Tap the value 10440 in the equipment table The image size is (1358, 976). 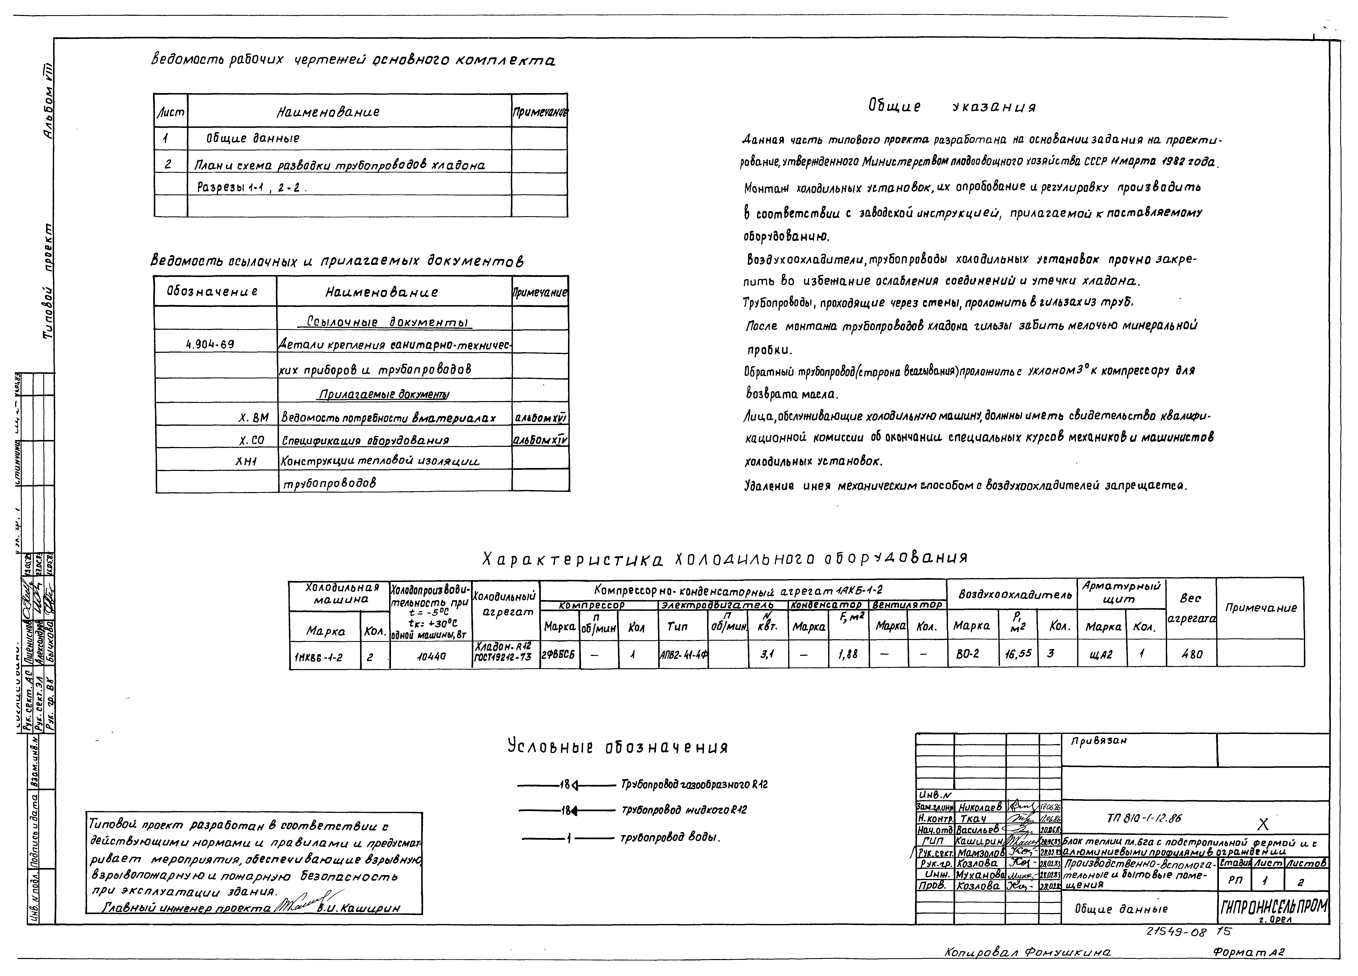431,656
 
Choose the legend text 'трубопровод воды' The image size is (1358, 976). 670,838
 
